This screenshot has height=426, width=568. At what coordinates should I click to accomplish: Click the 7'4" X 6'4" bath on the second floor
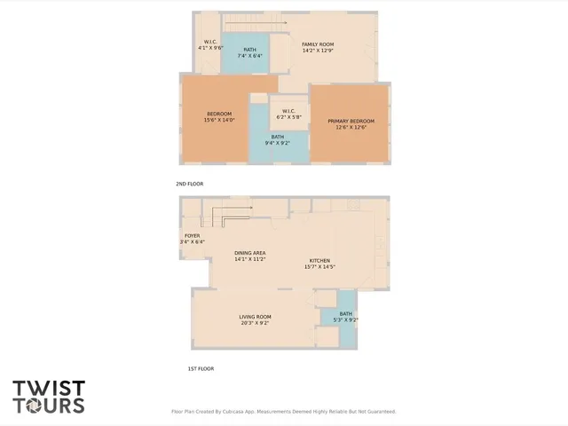[x=249, y=52]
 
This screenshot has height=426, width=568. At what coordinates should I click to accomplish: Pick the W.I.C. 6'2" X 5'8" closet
[x=289, y=114]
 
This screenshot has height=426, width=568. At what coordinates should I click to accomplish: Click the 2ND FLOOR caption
[x=190, y=184]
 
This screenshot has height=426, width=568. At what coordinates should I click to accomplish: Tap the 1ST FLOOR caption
[x=200, y=368]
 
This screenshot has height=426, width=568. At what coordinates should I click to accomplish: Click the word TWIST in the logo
[x=49, y=389]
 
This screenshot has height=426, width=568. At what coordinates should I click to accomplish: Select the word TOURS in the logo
[x=49, y=405]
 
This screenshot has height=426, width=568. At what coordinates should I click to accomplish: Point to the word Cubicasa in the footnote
[x=239, y=412]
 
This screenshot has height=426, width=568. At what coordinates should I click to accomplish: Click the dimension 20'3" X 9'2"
[x=255, y=323]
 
